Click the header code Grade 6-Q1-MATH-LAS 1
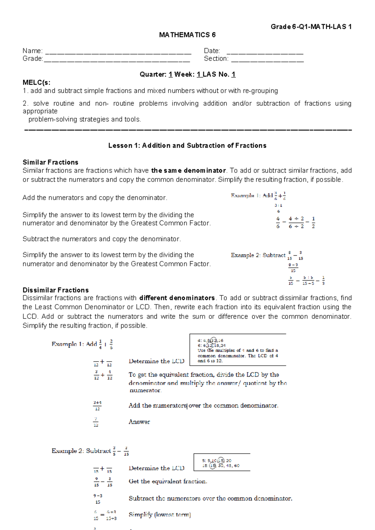pyautogui.click(x=311, y=27)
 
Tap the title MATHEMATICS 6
pyautogui.click(x=187, y=35)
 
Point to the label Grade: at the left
pyautogui.click(x=32, y=59)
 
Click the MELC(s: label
pyautogui.click(x=36, y=82)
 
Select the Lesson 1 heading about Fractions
pyautogui.click(x=187, y=146)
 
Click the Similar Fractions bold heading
pyautogui.click(x=50, y=162)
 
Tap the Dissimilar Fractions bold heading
pyautogui.click(x=56, y=290)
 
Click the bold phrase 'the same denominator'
pyautogui.click(x=188, y=171)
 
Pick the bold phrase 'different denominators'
pyautogui.click(x=177, y=298)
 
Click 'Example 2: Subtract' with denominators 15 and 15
pyautogui.click(x=258, y=255)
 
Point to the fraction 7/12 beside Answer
pyautogui.click(x=96, y=422)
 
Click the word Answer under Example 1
pyautogui.click(x=139, y=422)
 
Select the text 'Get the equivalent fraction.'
pyautogui.click(x=168, y=482)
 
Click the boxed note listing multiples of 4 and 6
pyautogui.click(x=238, y=350)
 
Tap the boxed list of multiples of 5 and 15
pyautogui.click(x=222, y=463)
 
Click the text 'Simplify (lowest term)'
pyautogui.click(x=160, y=515)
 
